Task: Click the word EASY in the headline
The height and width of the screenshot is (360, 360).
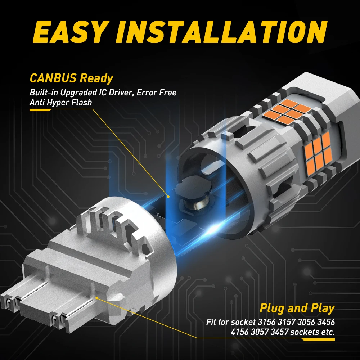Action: coord(70,32)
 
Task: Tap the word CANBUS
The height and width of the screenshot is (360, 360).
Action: coord(53,78)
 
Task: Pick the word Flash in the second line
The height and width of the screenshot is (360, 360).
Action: coord(81,102)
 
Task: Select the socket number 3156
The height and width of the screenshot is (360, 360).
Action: coord(266,322)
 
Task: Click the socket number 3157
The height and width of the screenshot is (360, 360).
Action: coord(286,322)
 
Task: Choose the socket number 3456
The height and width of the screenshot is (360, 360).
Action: coord(326,322)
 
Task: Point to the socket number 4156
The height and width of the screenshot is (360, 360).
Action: coord(240,332)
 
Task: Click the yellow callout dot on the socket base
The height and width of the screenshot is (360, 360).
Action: coord(97,298)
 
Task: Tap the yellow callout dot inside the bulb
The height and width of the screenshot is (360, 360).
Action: coord(168,197)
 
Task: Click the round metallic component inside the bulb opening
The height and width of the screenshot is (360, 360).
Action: coord(197,204)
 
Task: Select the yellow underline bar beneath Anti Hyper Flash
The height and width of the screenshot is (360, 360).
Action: coord(40,110)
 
